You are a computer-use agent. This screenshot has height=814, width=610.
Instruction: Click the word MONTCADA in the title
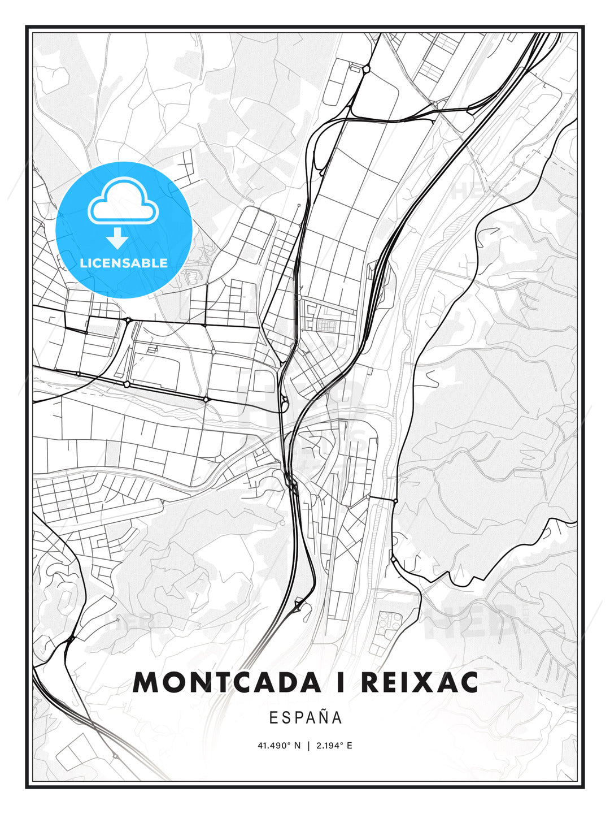pyautogui.click(x=226, y=683)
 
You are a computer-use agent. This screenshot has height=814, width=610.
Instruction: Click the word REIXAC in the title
pyautogui.click(x=419, y=683)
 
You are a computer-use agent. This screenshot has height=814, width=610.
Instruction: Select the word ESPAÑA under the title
pyautogui.click(x=305, y=717)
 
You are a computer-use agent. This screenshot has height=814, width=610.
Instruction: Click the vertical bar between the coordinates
pyautogui.click(x=308, y=746)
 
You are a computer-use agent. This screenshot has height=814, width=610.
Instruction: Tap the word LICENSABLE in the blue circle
pyautogui.click(x=124, y=263)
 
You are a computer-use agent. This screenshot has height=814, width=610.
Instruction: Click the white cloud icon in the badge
pyautogui.click(x=123, y=202)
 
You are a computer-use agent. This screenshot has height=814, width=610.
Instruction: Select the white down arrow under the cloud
pyautogui.click(x=117, y=238)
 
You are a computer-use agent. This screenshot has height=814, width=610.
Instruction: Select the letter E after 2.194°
pyautogui.click(x=350, y=746)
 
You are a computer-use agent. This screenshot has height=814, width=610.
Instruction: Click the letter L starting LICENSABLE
pyautogui.click(x=83, y=263)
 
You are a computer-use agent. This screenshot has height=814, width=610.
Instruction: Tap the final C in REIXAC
pyautogui.click(x=468, y=683)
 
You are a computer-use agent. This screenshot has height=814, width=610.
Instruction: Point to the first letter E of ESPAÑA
pyautogui.click(x=273, y=717)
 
